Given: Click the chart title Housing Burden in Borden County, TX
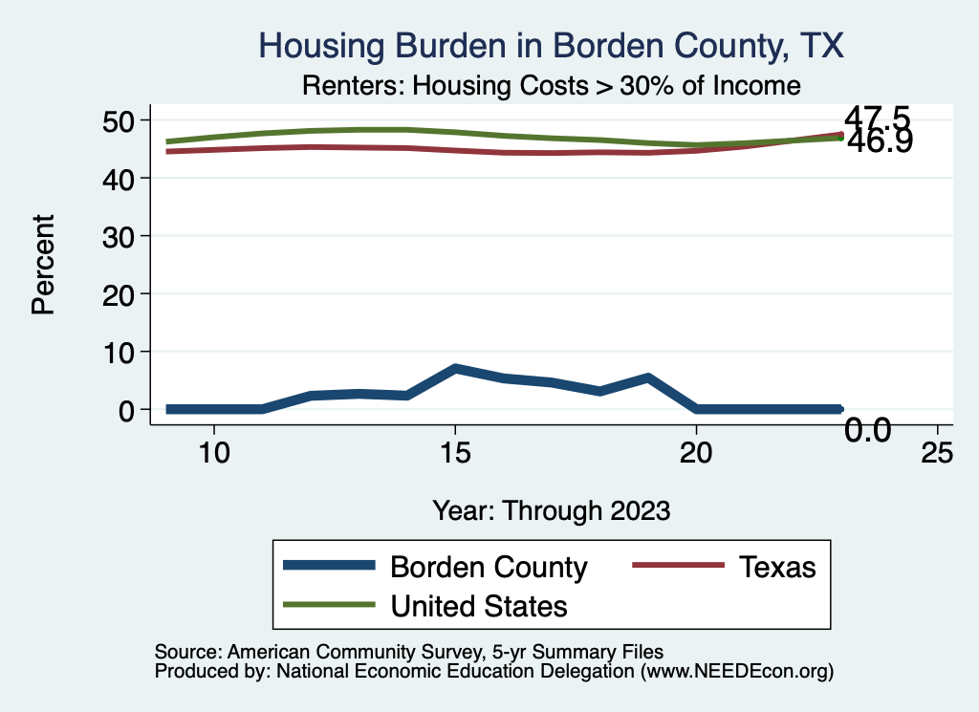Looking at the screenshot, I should (x=552, y=46).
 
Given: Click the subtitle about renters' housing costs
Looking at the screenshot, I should (x=551, y=86).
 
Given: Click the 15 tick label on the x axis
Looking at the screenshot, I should (x=455, y=453).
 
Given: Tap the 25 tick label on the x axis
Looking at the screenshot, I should (x=937, y=453).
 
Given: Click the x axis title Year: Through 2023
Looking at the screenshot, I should (x=551, y=510).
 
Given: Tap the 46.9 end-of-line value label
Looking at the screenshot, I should (x=878, y=142).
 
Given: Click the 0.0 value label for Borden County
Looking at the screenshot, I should (x=868, y=431).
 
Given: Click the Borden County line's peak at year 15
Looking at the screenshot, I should (x=456, y=368).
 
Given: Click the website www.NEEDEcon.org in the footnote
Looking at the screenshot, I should (x=736, y=672).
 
